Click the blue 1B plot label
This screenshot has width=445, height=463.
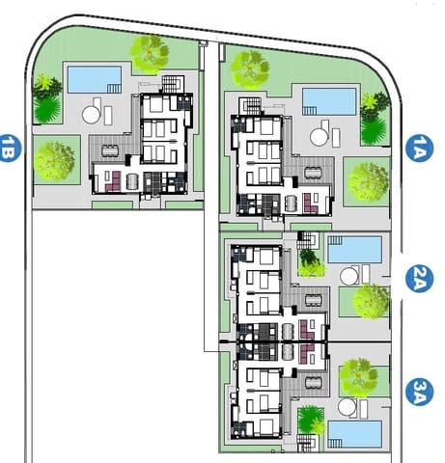tap(11, 147)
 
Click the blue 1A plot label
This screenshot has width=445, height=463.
tap(420, 147)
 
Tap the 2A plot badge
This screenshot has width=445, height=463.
tap(421, 280)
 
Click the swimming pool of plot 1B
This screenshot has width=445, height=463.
tap(93, 76)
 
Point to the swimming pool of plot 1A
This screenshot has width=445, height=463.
tap(328, 99)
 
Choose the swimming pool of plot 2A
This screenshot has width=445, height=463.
tap(353, 250)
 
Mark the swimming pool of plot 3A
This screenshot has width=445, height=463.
tap(353, 432)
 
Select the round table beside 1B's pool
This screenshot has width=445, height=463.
tap(92, 114)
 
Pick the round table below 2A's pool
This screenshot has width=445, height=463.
tap(349, 275)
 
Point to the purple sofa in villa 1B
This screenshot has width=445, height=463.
tap(113, 179)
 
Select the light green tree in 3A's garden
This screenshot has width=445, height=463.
tap(358, 376)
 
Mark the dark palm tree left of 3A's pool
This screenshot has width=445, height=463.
tap(311, 421)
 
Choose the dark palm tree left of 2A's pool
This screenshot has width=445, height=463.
tap(310, 258)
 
